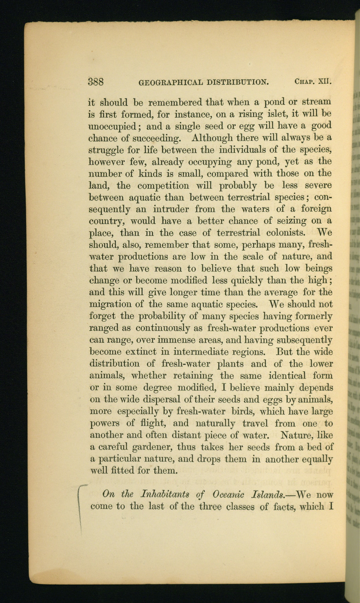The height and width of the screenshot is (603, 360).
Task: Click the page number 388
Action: pos(96,82)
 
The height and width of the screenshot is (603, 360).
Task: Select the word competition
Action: pos(163,186)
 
